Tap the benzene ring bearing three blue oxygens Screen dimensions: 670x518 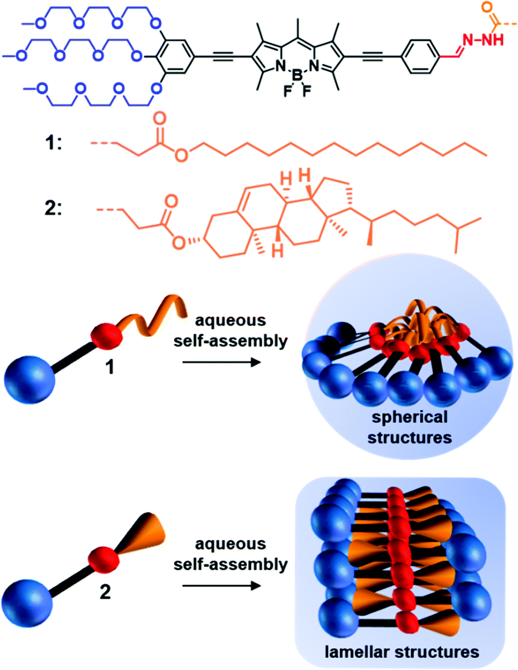175,57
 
